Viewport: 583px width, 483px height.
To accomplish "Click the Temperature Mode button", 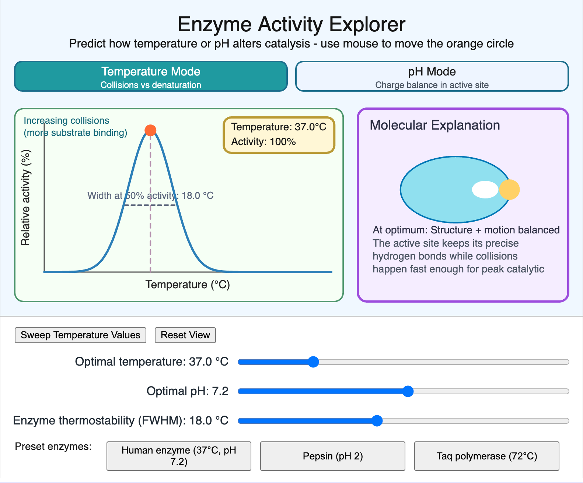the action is (x=151, y=76).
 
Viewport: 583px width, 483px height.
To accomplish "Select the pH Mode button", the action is (x=432, y=76).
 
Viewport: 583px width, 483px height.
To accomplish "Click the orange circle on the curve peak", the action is (x=150, y=130).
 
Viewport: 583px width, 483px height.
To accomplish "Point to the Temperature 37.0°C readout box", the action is (x=279, y=135).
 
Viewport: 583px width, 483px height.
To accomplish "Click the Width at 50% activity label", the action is (x=150, y=195).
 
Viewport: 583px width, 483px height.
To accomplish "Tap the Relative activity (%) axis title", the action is (x=25, y=198).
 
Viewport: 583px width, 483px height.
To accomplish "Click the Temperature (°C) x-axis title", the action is (x=187, y=285).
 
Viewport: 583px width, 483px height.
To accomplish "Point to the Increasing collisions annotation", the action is (x=76, y=126).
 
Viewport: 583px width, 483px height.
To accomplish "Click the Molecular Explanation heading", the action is (x=435, y=125).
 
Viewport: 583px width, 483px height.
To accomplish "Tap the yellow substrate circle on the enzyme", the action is (x=509, y=190).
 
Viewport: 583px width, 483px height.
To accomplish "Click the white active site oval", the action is (x=485, y=190).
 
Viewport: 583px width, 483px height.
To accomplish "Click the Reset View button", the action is (x=185, y=335).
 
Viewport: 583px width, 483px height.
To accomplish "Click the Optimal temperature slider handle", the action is (x=313, y=362).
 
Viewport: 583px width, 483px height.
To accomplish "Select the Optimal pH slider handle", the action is (x=408, y=391).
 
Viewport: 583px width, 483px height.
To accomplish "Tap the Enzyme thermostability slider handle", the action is (x=377, y=420).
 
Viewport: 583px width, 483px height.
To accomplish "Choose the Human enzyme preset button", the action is (x=179, y=456).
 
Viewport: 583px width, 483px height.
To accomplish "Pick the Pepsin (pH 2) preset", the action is (x=332, y=456).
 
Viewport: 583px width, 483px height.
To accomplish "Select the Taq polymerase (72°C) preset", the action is (x=487, y=456).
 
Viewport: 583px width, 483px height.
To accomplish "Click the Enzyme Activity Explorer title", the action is (x=291, y=25).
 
